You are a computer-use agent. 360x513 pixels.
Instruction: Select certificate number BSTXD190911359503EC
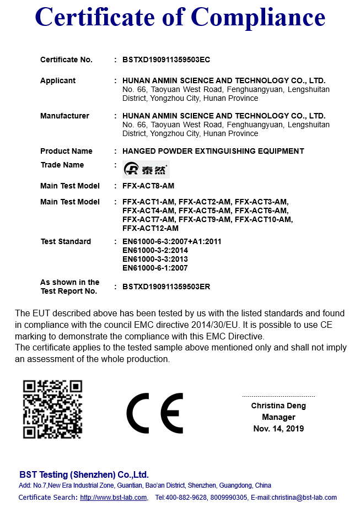click(x=166, y=60)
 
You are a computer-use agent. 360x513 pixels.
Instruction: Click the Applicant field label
click(x=58, y=80)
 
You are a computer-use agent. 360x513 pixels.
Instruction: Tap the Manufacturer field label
click(x=65, y=116)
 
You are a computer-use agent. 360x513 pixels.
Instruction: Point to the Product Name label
click(x=66, y=151)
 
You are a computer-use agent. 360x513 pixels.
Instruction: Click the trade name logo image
click(x=146, y=169)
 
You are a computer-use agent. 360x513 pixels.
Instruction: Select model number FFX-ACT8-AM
click(x=148, y=186)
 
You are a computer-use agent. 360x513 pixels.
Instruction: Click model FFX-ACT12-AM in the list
click(x=151, y=228)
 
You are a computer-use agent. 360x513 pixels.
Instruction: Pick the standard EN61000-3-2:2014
click(x=155, y=250)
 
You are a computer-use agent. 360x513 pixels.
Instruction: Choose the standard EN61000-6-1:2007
click(x=155, y=268)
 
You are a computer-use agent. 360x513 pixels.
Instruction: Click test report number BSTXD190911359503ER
click(x=166, y=287)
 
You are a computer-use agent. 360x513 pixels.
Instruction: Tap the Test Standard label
click(x=66, y=241)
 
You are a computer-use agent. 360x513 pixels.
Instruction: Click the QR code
click(x=52, y=409)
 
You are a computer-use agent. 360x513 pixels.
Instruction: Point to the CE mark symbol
click(x=154, y=413)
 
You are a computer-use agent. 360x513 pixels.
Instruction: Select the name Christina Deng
click(x=278, y=406)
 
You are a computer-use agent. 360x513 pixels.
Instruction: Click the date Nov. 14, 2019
click(x=278, y=428)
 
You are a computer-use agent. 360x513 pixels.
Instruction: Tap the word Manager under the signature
click(x=278, y=417)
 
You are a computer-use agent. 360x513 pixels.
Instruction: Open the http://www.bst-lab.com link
click(x=114, y=498)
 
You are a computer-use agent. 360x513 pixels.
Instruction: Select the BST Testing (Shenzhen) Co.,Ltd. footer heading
click(x=84, y=474)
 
